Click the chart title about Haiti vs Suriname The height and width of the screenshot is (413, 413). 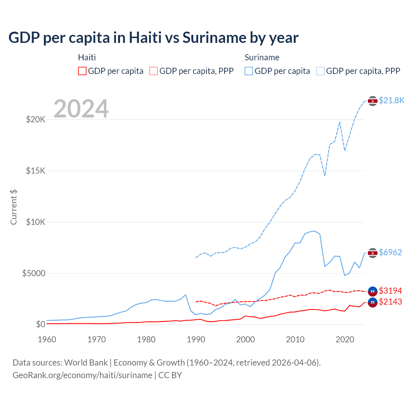pos(153,38)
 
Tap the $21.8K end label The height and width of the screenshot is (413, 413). pos(391,100)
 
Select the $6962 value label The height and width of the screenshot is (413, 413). pos(390,252)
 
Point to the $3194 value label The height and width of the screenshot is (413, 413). pos(390,291)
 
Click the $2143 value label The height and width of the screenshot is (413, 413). pos(390,302)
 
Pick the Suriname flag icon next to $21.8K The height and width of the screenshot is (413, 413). pos(373,101)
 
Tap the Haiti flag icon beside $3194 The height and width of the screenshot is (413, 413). pos(373,291)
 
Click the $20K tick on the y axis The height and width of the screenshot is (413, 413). pos(35,120)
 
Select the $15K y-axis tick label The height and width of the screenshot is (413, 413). pos(35,171)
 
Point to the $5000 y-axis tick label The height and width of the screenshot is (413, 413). pos(34,274)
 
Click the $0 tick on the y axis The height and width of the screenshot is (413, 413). pos(40,324)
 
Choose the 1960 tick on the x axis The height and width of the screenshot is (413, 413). pos(47,339)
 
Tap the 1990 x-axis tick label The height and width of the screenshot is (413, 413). pos(196,339)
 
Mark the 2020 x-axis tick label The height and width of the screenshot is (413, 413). pos(345,339)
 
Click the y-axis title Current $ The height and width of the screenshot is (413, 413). pos(14,207)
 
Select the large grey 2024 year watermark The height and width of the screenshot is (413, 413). pos(81,109)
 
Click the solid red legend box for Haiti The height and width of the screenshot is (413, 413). pos(82,71)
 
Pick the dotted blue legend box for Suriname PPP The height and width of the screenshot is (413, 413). pos(320,71)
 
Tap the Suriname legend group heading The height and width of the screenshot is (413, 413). pos(262,57)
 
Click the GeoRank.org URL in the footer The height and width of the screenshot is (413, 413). pos(82,375)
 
